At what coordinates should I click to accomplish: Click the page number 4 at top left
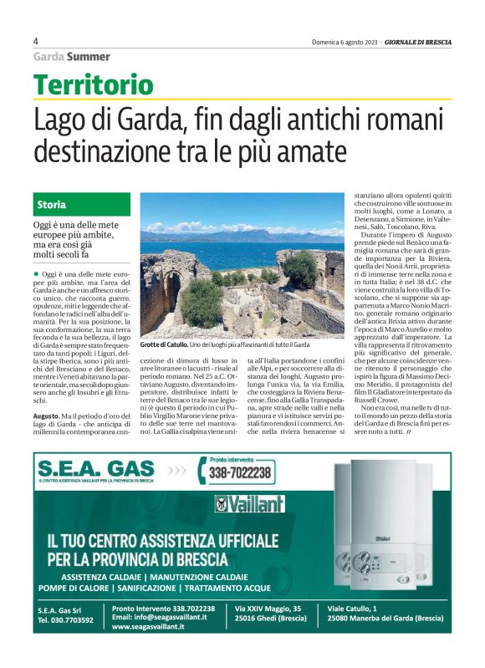tap(36, 41)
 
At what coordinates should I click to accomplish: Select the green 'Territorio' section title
tap(94, 84)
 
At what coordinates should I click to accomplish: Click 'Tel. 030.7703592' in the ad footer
tap(65, 620)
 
